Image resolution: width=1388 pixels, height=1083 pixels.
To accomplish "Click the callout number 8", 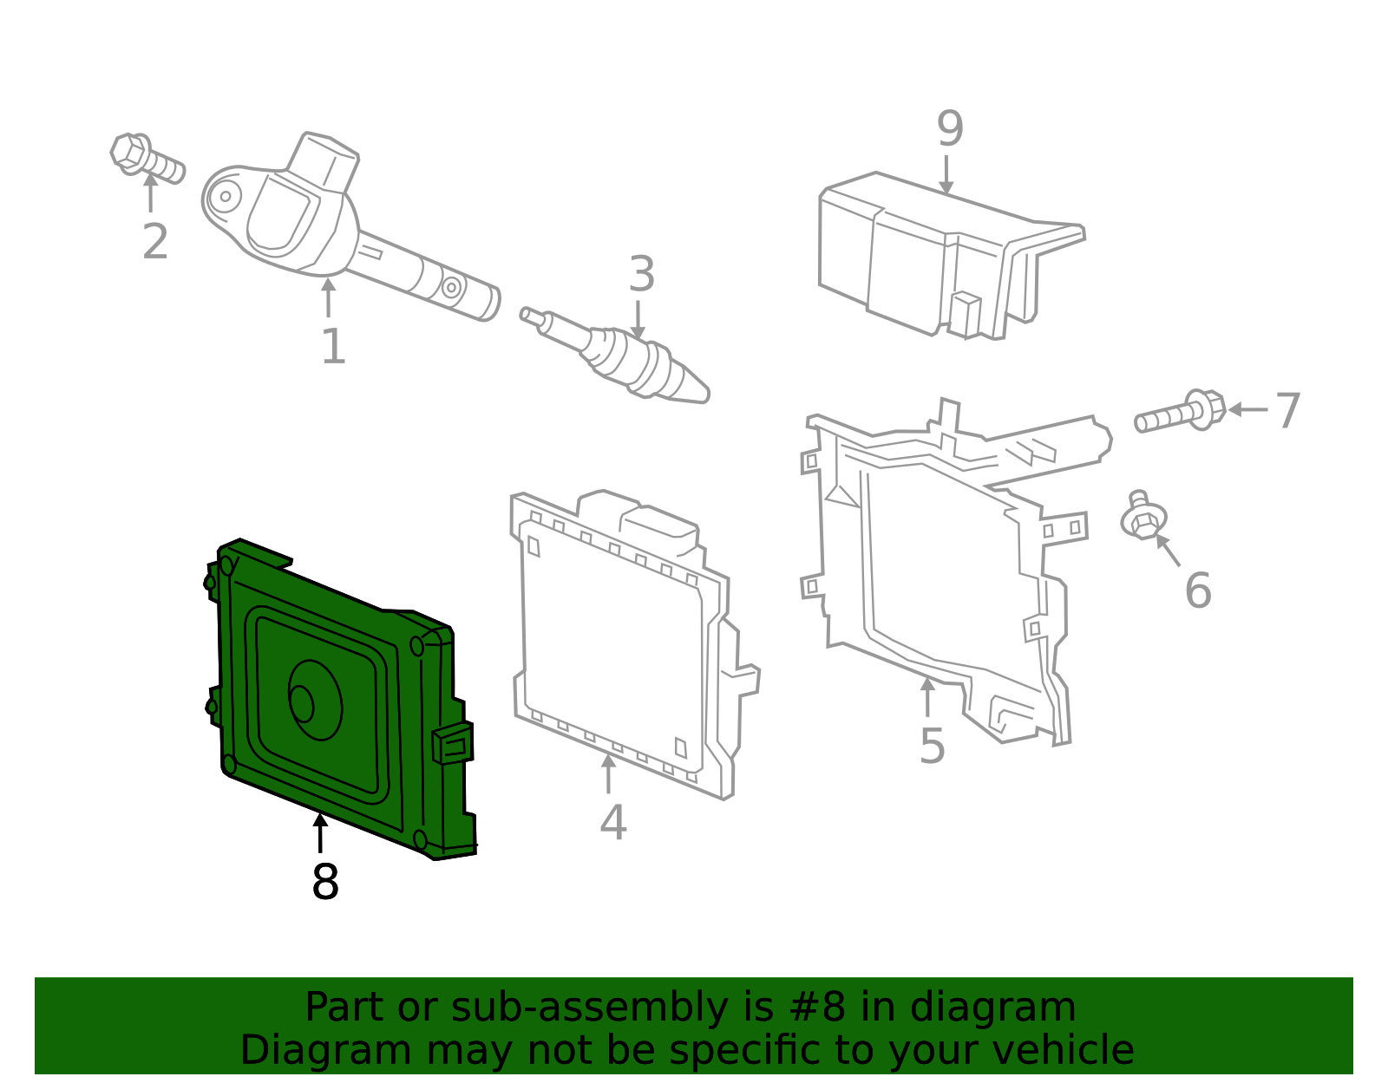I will coord(325,883).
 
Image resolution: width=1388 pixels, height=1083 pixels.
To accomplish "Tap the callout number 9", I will coord(950,130).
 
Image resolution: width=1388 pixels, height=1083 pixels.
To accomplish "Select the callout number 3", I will coord(641,275).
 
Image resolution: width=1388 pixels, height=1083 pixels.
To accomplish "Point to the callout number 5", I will coord(932,747).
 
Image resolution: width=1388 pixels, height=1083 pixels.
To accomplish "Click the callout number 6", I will coord(1197,591).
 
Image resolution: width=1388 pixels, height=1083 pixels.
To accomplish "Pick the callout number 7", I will coord(1288,411).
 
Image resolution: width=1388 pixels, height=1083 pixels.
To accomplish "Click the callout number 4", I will coord(612,823).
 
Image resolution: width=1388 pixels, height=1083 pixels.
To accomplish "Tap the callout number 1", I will coord(333,347).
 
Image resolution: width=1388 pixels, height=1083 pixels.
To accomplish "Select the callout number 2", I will coord(155,242).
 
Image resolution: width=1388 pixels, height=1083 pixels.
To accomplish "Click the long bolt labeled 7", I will coord(1181,414).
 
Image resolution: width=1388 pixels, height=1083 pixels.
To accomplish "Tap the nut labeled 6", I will coord(1142,519).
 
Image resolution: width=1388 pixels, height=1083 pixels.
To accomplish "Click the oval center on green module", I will coord(314,701).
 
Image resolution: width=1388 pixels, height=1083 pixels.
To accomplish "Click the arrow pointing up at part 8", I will coord(320,832).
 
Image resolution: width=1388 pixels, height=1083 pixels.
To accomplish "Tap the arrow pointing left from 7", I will coord(1247,409).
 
